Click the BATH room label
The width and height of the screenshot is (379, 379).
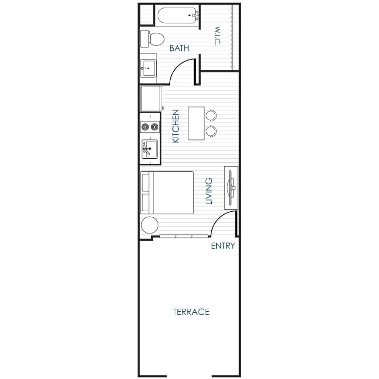pos(179,49)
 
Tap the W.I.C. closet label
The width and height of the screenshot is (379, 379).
pos(216,36)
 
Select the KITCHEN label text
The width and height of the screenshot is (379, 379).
pos(176,126)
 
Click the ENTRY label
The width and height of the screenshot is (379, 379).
pos(223,246)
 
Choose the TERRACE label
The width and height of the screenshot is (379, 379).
pos(191,312)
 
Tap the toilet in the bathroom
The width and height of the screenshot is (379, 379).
pos(153,38)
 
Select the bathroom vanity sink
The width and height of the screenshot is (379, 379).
pos(149,67)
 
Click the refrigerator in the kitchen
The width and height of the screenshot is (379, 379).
pos(151,99)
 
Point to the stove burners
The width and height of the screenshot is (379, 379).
pos(150,126)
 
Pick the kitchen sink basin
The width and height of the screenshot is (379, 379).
pos(150,149)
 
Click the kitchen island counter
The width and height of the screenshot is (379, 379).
pos(196,123)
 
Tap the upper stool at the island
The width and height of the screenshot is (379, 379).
pos(211,115)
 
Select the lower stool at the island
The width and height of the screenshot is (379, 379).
pos(211,131)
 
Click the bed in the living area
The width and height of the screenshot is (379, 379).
pos(168,193)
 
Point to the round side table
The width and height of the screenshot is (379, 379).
pos(150,224)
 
